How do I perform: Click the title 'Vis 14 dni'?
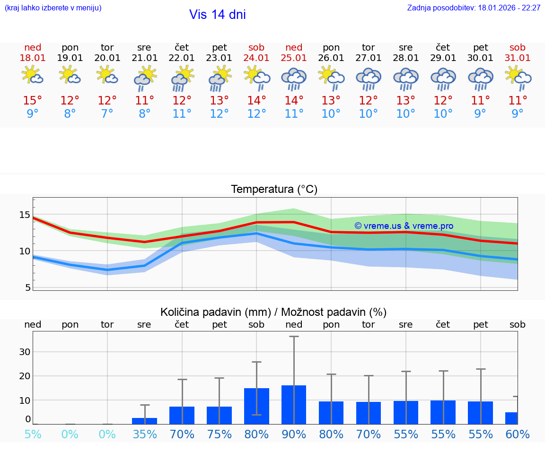217,15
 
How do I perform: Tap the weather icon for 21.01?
145,78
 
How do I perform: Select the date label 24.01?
256,58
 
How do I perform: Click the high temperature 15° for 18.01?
33,101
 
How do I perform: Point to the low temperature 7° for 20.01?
107,114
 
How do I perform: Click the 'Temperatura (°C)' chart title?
274,190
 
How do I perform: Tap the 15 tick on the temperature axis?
25,215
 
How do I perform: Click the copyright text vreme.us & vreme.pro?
404,226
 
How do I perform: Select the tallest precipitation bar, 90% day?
294,404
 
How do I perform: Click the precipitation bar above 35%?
144,421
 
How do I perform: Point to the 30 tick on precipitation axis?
25,352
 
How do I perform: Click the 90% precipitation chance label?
294,435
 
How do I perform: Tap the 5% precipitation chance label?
33,435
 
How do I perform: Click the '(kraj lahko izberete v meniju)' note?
53,8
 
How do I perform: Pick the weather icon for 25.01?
294,78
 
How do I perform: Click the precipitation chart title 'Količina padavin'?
273,312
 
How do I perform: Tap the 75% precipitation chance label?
219,435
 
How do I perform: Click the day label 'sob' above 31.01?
518,47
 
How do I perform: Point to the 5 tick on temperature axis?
27,287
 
